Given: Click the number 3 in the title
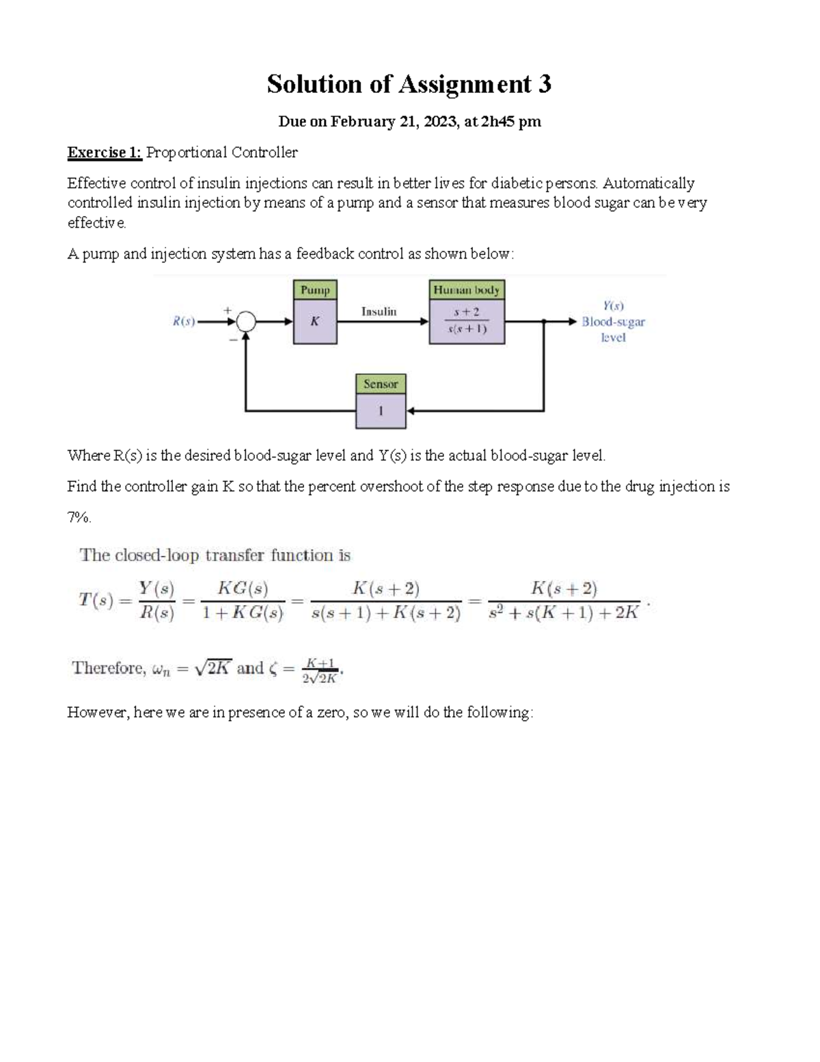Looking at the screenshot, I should coord(544,84).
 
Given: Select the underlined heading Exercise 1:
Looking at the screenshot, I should coord(104,152).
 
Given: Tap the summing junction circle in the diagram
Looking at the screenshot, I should coord(246,321).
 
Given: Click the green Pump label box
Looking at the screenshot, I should coord(315,290).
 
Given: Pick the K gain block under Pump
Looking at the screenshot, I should coord(315,321).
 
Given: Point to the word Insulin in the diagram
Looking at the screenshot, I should coord(379,312).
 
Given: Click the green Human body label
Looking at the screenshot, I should coord(467,290).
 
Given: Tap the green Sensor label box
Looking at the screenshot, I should coord(381,384).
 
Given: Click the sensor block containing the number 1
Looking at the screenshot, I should coord(381,412).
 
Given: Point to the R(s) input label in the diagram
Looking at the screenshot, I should coord(184,321).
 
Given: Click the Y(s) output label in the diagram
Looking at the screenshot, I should coord(613,306).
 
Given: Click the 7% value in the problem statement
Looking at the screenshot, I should coord(78,518).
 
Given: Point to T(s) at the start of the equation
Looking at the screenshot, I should coord(95,601).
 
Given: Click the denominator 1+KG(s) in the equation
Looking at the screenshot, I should coord(243,613).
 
